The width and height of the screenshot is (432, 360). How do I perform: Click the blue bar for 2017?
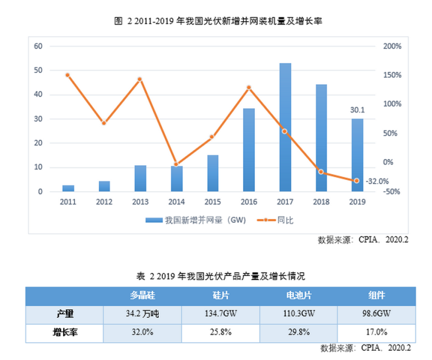pos(285,127)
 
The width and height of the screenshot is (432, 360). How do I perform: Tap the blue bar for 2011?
pos(68,188)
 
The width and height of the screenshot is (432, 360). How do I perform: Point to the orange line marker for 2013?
pos(139,79)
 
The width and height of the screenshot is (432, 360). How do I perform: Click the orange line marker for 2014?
pos(176,164)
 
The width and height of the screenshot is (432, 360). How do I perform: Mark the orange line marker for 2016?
pos(249,87)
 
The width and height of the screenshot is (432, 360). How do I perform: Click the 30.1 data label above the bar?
pos(357,110)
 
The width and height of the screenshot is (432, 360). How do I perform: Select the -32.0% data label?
pos(377,181)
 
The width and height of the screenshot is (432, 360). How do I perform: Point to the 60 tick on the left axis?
pos(38,46)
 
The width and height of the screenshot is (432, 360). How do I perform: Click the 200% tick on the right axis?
pos(393,46)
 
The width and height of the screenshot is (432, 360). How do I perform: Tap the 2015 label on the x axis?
pos(213,202)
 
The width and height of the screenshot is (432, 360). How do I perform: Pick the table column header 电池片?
pos(299,296)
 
